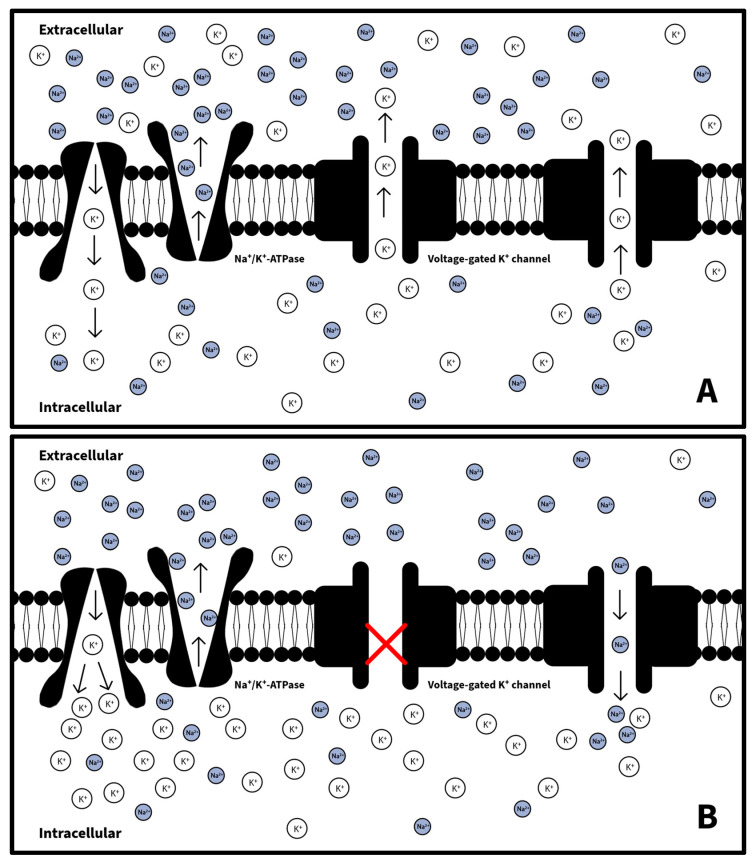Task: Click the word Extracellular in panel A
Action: (x=81, y=29)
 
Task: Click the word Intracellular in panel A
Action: (x=80, y=407)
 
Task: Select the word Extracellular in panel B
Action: (x=81, y=455)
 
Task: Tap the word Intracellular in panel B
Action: (x=80, y=832)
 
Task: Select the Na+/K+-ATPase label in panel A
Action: (x=264, y=259)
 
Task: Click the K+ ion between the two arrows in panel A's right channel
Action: (x=620, y=219)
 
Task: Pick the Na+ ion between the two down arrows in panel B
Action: (x=620, y=644)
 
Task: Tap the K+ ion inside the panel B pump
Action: (x=93, y=645)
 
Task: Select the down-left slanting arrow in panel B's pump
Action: (x=78, y=681)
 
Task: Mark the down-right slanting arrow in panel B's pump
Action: (x=107, y=681)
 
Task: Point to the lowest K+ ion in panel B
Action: (x=296, y=828)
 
